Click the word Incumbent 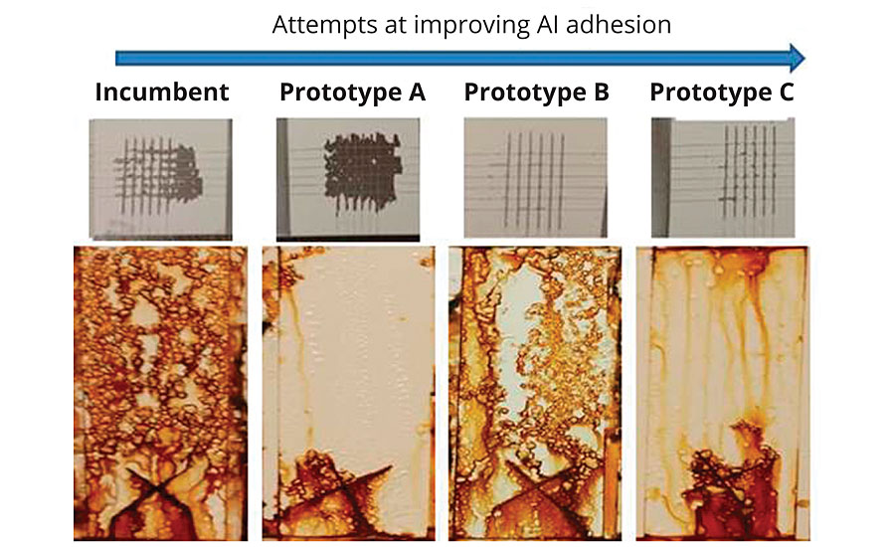click(x=161, y=91)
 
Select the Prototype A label click(x=352, y=91)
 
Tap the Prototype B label click(x=537, y=91)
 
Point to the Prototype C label click(x=722, y=91)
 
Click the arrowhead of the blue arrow click(x=797, y=58)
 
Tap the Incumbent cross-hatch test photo click(x=160, y=178)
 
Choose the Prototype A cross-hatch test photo click(x=348, y=179)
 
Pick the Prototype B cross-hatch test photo click(x=535, y=177)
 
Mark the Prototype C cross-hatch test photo click(x=723, y=177)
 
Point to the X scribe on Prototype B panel click(x=537, y=488)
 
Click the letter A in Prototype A click(x=417, y=91)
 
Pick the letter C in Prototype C click(x=786, y=91)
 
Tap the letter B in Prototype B click(x=602, y=91)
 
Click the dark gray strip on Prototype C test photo click(x=660, y=177)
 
